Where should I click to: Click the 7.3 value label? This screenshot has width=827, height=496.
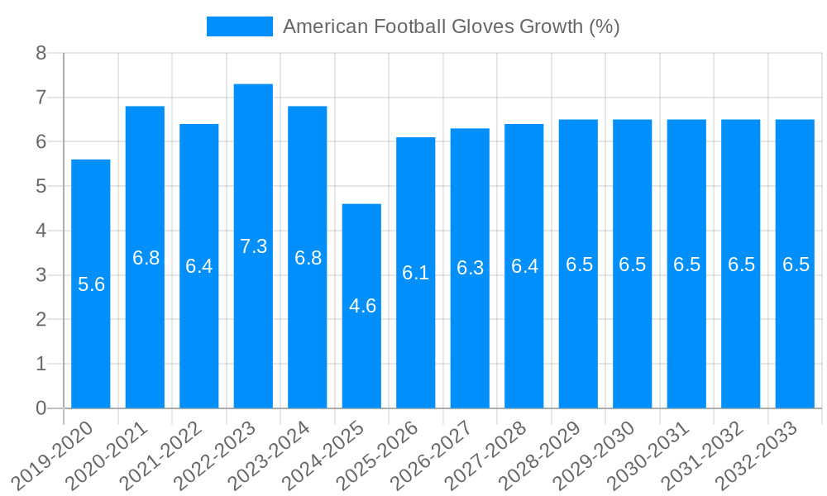253,246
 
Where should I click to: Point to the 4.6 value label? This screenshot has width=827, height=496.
362,306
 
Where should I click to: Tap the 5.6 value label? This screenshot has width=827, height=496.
91,285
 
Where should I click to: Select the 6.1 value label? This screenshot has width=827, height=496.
416,273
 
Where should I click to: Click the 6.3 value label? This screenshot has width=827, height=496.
470,268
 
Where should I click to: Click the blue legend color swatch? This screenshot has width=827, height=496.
239,26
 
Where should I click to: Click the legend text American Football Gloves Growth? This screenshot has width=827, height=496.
451,26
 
